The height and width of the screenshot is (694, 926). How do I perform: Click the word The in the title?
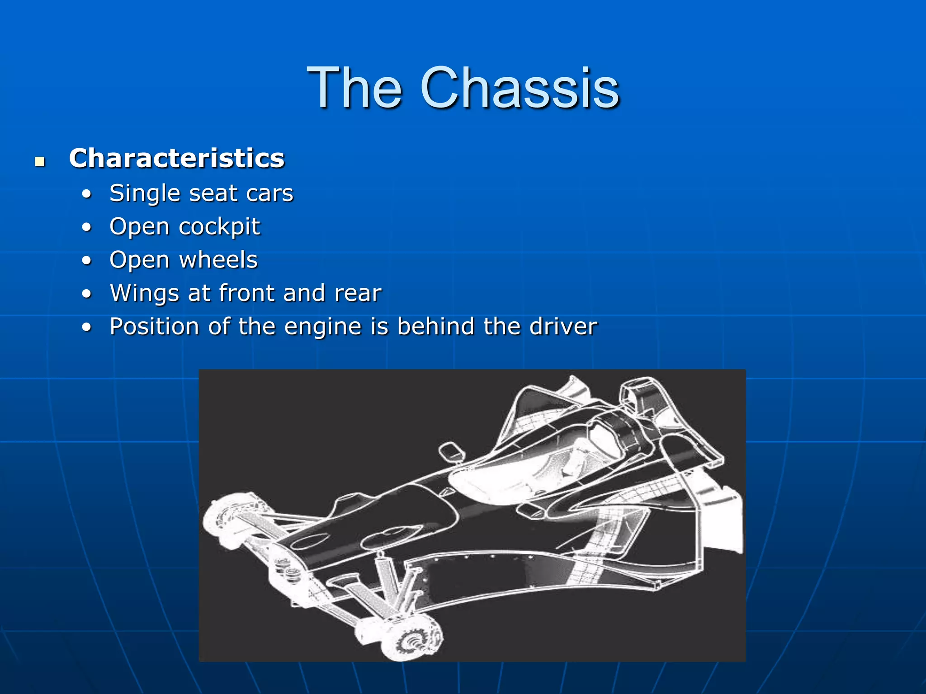354,88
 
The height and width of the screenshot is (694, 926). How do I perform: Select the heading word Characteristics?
176,158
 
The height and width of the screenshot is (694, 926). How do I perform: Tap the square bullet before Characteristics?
40,161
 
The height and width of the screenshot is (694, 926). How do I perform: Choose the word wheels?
218,260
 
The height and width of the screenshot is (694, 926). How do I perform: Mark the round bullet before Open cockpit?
87,227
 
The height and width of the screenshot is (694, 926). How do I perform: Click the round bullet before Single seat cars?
87,194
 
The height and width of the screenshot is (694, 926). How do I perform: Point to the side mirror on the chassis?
451,451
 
